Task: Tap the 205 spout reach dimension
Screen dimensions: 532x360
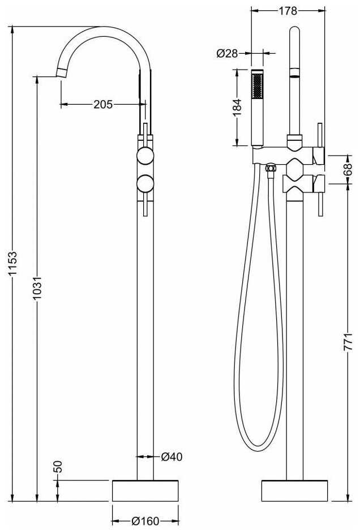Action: click(x=103, y=104)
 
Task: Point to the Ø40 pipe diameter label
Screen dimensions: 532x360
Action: click(x=171, y=456)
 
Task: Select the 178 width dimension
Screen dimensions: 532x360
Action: click(x=288, y=10)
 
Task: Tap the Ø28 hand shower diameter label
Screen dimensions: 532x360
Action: click(x=226, y=54)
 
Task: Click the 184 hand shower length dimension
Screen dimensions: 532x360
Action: click(x=238, y=106)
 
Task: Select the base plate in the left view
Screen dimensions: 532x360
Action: click(x=145, y=490)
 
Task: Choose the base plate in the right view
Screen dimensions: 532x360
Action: click(x=294, y=490)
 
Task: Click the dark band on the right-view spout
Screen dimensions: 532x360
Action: click(x=294, y=72)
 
